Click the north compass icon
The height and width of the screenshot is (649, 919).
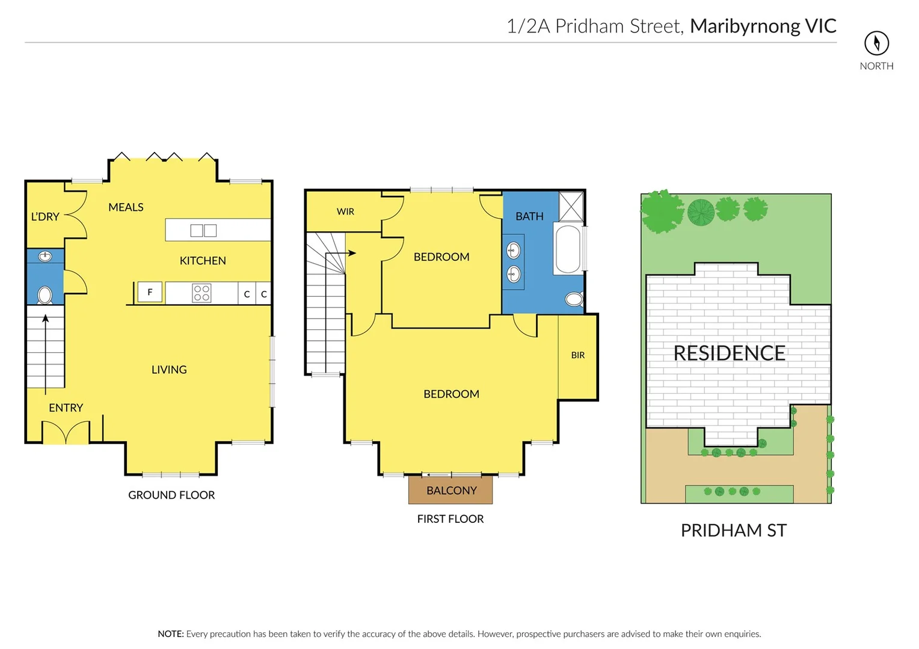(876, 43)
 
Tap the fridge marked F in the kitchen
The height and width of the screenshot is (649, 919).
(150, 292)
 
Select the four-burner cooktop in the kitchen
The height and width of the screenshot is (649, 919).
(201, 293)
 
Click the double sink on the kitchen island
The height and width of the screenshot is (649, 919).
(203, 230)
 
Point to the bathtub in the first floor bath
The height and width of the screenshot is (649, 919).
(568, 249)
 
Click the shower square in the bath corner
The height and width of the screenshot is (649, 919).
(571, 207)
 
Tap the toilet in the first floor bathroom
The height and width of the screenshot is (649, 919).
(574, 299)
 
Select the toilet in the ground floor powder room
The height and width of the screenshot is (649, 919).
(45, 295)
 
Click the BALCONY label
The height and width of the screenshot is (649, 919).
(451, 490)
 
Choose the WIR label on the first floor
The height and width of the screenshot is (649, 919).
(345, 212)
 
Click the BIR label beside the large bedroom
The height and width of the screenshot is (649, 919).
(577, 355)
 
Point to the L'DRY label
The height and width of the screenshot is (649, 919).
(45, 216)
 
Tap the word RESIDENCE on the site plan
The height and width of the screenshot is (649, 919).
(729, 353)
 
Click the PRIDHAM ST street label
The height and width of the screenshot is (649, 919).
(733, 530)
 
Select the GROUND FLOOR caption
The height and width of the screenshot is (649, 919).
(171, 495)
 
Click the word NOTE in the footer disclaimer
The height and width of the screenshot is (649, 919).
(170, 634)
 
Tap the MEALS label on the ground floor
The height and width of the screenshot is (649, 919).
(126, 207)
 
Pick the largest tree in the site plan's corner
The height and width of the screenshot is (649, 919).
(662, 212)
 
